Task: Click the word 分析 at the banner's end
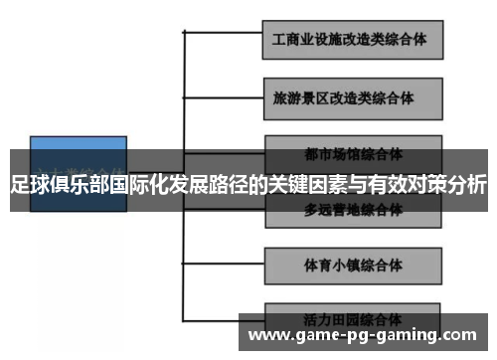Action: [x=466, y=184]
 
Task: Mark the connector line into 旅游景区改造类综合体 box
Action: [x=224, y=100]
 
